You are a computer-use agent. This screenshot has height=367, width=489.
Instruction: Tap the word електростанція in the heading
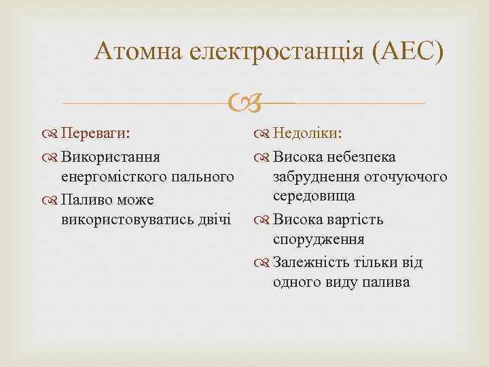click(277, 51)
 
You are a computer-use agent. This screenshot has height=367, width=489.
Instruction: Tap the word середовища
click(314, 196)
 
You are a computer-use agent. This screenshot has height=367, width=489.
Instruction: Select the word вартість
click(355, 220)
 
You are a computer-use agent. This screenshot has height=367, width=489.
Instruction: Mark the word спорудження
click(319, 239)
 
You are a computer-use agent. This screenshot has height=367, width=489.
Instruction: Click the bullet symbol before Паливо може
click(52, 200)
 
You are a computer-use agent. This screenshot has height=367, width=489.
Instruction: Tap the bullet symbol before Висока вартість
click(264, 220)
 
